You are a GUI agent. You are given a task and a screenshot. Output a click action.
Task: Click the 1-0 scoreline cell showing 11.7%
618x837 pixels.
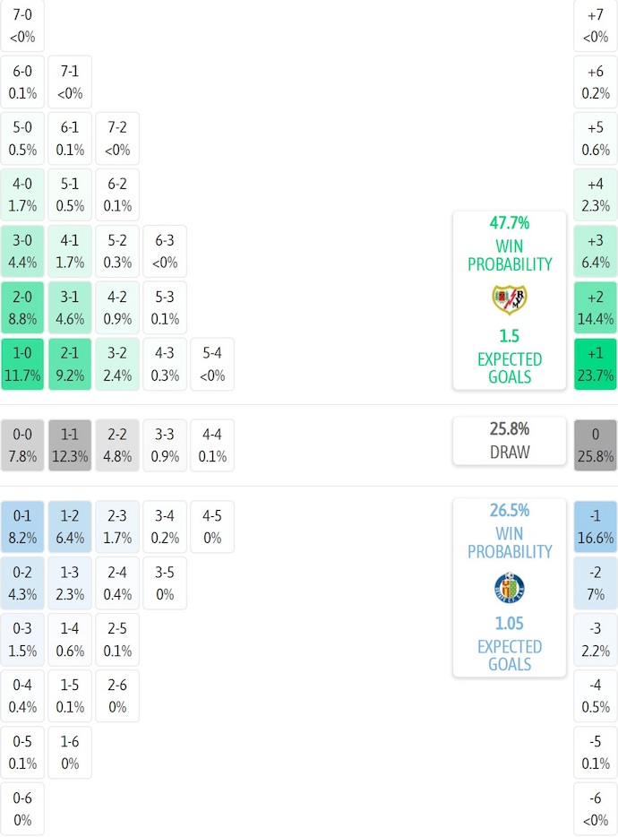[22, 364]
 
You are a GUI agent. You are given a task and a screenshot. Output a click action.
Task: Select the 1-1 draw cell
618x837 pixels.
[70, 445]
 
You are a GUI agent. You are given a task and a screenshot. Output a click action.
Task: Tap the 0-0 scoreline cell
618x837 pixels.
[22, 445]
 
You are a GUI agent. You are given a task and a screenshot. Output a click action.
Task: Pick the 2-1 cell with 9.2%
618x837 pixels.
[70, 364]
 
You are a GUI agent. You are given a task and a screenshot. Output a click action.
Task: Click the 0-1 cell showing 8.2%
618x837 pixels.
[22, 527]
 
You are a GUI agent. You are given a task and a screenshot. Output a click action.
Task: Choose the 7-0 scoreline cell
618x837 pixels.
[22, 26]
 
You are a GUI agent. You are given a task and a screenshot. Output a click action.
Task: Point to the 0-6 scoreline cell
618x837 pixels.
[22, 808]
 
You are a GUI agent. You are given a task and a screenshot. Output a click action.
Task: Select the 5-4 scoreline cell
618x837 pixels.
[212, 364]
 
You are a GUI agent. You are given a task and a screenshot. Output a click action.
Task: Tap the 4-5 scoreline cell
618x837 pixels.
[212, 527]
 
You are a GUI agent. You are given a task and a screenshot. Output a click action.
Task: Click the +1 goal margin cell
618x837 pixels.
[596, 364]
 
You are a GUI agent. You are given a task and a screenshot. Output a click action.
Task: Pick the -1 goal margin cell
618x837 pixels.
[596, 527]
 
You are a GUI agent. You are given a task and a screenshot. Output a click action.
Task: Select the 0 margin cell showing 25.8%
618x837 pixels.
[596, 445]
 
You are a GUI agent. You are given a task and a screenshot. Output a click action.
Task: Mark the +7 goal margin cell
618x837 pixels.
[596, 26]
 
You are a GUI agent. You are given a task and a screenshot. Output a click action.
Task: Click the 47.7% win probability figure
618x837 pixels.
[510, 223]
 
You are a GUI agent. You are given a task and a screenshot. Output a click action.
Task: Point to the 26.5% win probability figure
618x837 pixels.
[510, 511]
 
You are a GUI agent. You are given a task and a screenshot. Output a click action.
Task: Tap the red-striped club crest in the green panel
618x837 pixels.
[510, 299]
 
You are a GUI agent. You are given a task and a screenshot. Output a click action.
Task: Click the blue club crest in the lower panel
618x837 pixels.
[510, 588]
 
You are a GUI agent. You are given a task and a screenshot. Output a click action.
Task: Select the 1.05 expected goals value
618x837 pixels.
[510, 624]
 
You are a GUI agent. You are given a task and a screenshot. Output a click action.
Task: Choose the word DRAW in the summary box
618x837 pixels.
[510, 453]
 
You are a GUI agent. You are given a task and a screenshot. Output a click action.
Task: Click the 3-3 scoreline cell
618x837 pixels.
[165, 445]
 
